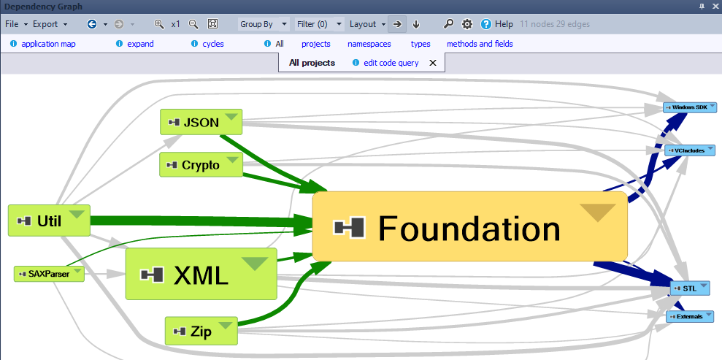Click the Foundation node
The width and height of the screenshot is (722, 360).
(x=469, y=226)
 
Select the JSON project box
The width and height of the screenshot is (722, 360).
(x=201, y=122)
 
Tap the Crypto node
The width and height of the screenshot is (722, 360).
(x=201, y=165)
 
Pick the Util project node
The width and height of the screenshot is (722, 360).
(x=49, y=221)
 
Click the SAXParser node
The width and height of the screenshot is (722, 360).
(x=49, y=274)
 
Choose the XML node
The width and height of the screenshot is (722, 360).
(x=201, y=274)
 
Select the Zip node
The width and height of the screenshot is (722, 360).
(x=201, y=331)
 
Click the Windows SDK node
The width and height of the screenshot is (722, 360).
(x=690, y=107)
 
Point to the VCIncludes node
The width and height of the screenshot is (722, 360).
(x=690, y=150)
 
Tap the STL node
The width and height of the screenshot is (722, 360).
(x=690, y=288)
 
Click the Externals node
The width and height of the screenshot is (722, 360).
(x=690, y=317)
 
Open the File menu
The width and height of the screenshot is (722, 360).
(x=17, y=24)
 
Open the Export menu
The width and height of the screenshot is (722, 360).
(x=50, y=24)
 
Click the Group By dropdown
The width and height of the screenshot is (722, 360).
(x=264, y=24)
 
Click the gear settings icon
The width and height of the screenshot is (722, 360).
(x=467, y=24)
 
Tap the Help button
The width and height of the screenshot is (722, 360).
(x=497, y=24)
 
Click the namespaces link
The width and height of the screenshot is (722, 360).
(x=369, y=45)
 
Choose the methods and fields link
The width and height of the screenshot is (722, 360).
(x=480, y=45)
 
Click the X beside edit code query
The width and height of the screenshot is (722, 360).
(x=432, y=63)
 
